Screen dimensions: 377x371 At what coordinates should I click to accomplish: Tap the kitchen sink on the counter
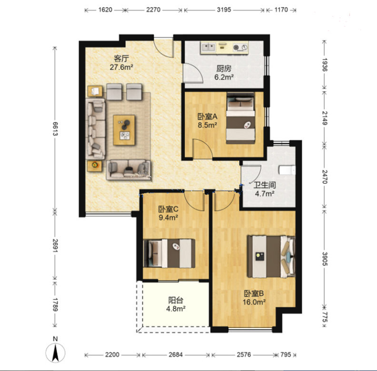208,47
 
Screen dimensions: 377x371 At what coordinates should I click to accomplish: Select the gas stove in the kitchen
240,48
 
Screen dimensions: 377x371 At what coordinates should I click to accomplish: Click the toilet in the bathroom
287,170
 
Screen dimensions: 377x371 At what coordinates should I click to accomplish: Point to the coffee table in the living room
124,130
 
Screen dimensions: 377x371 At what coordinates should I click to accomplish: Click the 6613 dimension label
55,129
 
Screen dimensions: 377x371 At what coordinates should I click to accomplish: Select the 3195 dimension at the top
224,10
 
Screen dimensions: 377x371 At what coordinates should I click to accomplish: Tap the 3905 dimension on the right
325,259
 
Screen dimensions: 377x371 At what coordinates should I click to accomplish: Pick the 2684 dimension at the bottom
176,355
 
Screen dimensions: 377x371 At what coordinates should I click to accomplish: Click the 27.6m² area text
121,67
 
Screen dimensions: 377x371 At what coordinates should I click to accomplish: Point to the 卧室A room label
208,117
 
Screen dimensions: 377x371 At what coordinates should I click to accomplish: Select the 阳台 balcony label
176,300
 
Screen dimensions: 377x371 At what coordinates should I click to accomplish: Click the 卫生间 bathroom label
265,185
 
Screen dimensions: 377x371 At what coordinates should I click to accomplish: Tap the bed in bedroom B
271,257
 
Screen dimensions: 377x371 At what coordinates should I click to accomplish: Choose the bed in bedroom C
169,253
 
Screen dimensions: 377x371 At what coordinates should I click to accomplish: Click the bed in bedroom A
241,118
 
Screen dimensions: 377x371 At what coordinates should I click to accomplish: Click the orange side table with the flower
95,166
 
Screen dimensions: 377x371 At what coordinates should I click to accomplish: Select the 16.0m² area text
254,302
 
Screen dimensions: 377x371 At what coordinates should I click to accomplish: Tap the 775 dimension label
325,317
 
